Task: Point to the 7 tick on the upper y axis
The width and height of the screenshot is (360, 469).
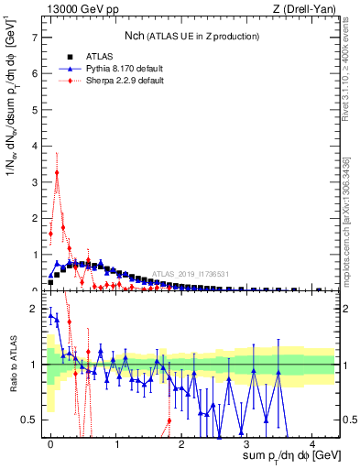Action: (x=36, y=38)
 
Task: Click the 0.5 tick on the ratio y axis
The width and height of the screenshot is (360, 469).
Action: (x=31, y=420)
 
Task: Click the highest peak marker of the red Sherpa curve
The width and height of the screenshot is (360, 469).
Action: (x=57, y=172)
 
